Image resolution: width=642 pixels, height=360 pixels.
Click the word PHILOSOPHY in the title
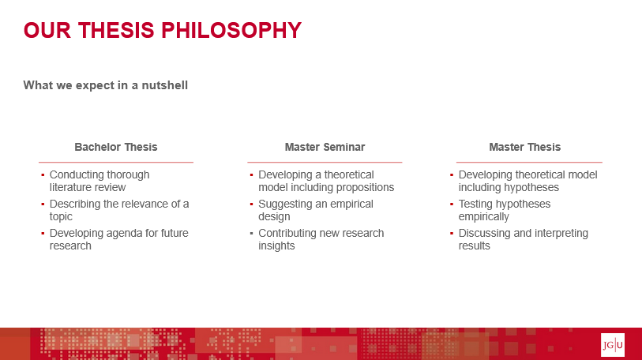pos(231,30)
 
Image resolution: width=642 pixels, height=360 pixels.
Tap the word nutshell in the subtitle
pos(164,85)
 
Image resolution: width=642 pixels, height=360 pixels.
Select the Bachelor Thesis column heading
pos(116,147)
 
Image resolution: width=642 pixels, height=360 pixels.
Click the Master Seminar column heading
pos(325,147)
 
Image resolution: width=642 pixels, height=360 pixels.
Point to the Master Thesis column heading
pos(525,147)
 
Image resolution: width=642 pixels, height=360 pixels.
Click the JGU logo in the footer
pos(613,345)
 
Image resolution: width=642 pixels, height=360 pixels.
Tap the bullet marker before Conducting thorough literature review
pos(43,175)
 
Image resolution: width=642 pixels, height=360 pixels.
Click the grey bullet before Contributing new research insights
pos(251,234)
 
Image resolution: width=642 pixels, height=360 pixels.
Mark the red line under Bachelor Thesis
pos(116,162)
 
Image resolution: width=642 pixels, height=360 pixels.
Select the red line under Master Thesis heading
pos(529,162)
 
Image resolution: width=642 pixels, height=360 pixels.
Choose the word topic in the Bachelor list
pos(61,216)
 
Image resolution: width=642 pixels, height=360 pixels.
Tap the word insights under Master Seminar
pos(276,246)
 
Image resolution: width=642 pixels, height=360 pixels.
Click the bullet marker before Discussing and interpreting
pos(452,234)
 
